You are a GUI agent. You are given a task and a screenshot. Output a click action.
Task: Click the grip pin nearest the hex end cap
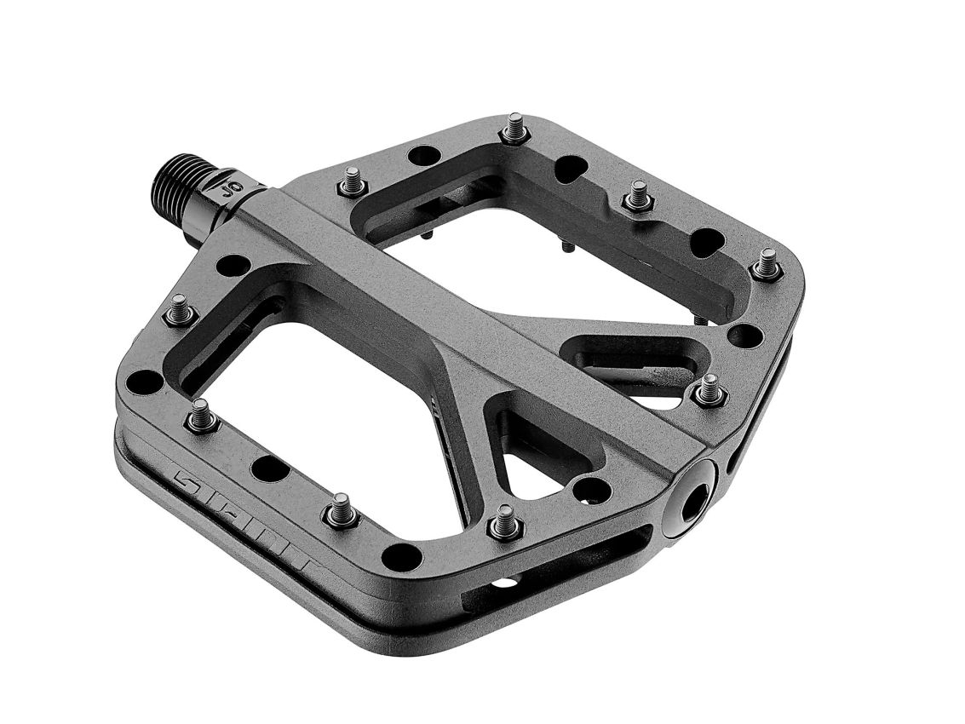[x=709, y=391]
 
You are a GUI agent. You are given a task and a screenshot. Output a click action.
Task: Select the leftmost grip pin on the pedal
[x=180, y=310]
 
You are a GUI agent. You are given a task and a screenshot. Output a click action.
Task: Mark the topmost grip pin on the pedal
[x=515, y=128]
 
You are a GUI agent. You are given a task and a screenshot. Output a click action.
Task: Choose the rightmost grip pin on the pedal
[x=767, y=264]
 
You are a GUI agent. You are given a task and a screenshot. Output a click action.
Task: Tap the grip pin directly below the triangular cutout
[x=503, y=522]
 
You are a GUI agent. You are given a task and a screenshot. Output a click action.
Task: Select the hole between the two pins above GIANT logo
[x=270, y=468]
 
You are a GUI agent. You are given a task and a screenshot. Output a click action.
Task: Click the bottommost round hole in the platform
[x=402, y=557]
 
